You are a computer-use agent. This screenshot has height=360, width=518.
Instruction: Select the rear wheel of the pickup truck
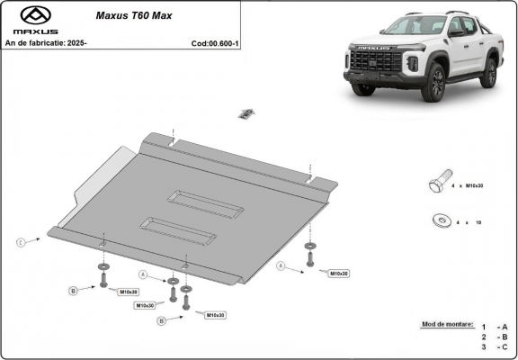click(x=488, y=73)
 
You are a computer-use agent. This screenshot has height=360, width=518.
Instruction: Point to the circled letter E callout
click(x=20, y=242)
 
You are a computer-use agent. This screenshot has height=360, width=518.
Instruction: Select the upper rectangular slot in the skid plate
click(x=206, y=204)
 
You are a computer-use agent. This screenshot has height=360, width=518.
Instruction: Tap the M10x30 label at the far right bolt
click(x=338, y=273)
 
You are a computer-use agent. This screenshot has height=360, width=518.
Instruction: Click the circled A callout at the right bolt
click(x=281, y=266)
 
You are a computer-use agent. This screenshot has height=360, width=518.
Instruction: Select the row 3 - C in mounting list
click(x=495, y=346)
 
